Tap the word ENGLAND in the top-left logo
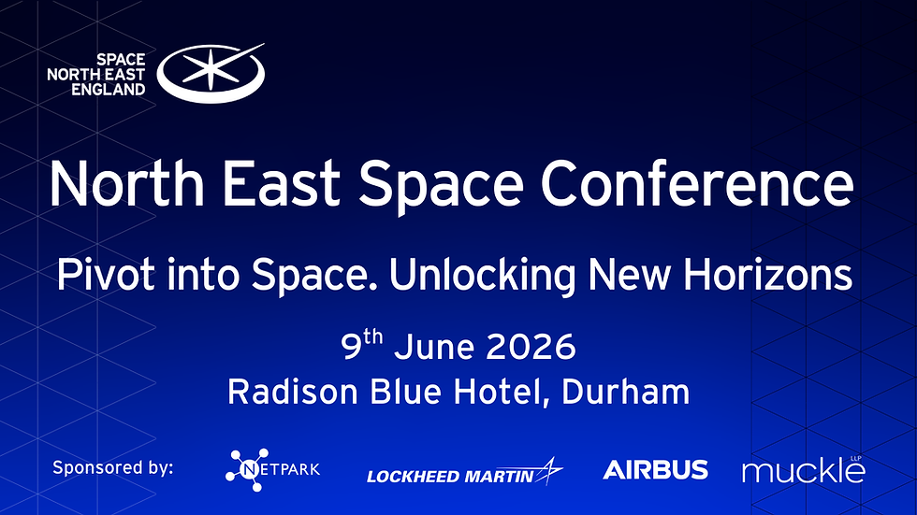[x=109, y=90]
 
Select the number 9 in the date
[x=352, y=349]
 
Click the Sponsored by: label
[x=113, y=468]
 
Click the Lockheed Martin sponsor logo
[x=464, y=473]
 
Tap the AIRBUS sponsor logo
[x=655, y=469]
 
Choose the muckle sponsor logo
[x=803, y=470]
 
